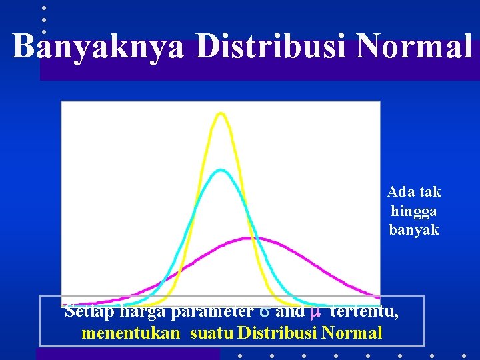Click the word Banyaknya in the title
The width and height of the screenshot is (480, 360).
point(99,47)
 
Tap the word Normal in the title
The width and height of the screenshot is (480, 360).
point(414,47)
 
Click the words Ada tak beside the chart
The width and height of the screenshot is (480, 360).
point(414,192)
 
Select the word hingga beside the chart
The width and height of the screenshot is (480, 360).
point(414,211)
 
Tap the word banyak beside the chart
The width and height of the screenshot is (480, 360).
point(414,230)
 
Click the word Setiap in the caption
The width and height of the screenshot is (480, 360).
point(85,311)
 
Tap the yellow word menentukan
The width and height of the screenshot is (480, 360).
point(131,332)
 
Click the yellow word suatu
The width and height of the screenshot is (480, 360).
point(211,332)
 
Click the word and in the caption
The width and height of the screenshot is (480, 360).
point(290,311)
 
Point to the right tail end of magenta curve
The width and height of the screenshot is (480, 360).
point(377,297)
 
